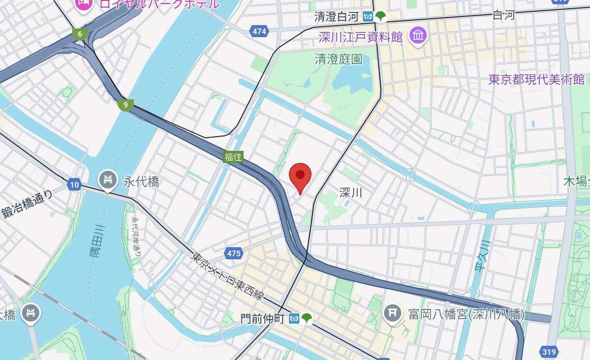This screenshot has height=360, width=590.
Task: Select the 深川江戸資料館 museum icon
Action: click(418, 35)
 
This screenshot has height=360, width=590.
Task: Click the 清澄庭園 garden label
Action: click(338, 59)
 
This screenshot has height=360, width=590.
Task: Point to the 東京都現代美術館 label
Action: click(536, 80)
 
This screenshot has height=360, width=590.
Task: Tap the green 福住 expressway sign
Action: click(233, 157)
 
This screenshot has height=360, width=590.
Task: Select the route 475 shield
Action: click(233, 253)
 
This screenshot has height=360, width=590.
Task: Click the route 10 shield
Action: click(74, 185)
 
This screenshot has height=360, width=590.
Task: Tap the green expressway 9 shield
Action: click(125, 105)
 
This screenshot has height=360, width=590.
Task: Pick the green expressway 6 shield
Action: click(80, 34)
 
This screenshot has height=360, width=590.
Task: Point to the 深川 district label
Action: click(350, 192)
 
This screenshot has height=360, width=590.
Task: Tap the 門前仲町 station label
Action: click(263, 319)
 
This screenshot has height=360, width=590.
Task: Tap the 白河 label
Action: click(504, 16)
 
